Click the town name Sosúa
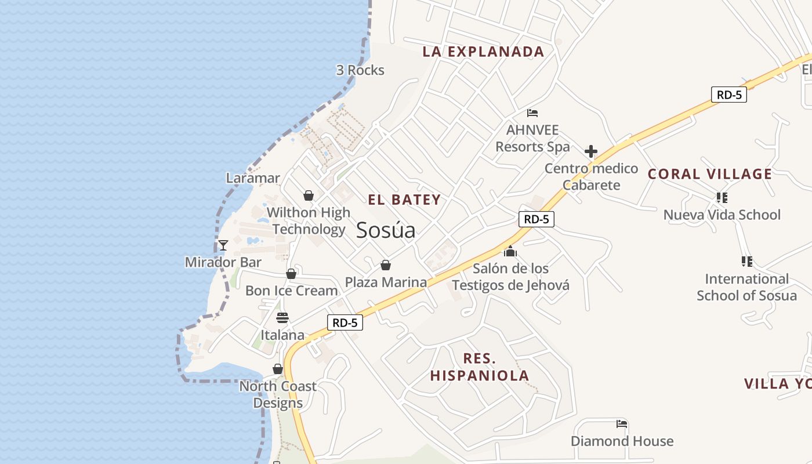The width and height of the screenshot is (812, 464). pyautogui.click(x=386, y=230)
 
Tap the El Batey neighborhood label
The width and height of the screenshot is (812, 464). pyautogui.click(x=404, y=200)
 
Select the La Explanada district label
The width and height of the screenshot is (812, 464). pyautogui.click(x=483, y=52)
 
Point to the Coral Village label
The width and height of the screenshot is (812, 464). pyautogui.click(x=709, y=174)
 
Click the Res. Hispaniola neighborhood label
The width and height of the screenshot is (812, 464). pyautogui.click(x=480, y=367)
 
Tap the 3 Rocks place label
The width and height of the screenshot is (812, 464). pyautogui.click(x=360, y=70)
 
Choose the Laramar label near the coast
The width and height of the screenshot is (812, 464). pyautogui.click(x=253, y=178)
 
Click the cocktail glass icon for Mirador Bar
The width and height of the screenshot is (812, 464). pyautogui.click(x=223, y=245)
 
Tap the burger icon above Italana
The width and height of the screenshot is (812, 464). pyautogui.click(x=282, y=318)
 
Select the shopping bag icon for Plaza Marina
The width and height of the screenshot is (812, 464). pyautogui.click(x=385, y=265)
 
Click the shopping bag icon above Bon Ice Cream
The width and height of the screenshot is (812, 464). pyautogui.click(x=291, y=274)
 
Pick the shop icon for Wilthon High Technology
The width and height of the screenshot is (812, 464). pyautogui.click(x=309, y=195)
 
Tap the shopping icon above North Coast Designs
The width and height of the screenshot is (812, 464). pyautogui.click(x=278, y=369)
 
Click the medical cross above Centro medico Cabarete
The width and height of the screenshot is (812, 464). pyautogui.click(x=591, y=152)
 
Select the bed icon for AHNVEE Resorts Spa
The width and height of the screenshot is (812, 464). pyautogui.click(x=532, y=113)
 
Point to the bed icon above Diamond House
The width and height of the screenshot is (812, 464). pyautogui.click(x=622, y=424)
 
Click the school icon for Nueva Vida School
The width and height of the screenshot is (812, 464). pyautogui.click(x=722, y=198)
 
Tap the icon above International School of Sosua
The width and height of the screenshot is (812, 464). pyautogui.click(x=746, y=262)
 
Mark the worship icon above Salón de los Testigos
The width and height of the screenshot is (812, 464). pyautogui.click(x=510, y=251)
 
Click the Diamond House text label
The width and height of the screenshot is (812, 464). pyautogui.click(x=622, y=441)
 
